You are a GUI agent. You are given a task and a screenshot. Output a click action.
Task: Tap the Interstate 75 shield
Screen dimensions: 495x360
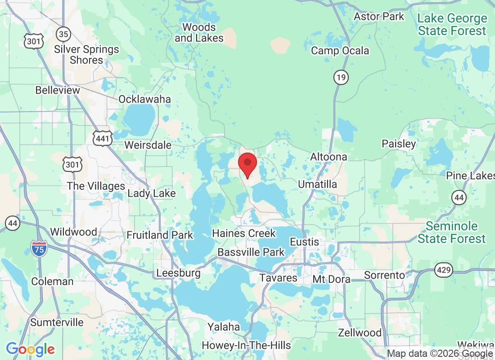(39, 248)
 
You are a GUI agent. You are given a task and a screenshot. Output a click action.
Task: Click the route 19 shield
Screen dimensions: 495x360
(341, 78)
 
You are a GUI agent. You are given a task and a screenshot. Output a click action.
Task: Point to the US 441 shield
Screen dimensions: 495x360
(103, 138)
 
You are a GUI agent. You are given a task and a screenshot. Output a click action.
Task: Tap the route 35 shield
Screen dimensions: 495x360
(63, 33)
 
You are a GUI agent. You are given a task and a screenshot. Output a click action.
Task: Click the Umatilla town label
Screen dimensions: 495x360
(317, 184)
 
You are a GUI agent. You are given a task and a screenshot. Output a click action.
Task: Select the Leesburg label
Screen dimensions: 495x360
(178, 273)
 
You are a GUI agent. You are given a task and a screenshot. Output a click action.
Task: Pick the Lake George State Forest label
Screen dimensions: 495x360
(452, 25)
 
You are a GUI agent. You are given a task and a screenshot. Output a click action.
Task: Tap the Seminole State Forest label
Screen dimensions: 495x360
(452, 232)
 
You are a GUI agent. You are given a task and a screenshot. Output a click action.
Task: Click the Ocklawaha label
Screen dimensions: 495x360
(144, 99)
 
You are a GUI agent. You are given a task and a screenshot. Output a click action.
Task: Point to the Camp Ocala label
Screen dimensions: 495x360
(340, 50)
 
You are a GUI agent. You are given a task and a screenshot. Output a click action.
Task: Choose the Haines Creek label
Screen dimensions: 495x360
(243, 234)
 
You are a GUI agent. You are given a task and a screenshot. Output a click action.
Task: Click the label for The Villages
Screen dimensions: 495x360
(96, 186)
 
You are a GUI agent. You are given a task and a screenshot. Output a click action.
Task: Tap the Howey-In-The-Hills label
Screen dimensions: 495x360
(246, 346)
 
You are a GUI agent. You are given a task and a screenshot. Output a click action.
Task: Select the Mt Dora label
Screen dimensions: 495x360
(331, 279)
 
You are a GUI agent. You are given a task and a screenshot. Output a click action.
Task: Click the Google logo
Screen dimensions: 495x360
(30, 349)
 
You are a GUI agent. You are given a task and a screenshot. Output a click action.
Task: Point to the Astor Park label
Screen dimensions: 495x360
(379, 17)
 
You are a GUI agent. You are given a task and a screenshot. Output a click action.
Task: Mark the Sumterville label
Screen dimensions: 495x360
(57, 322)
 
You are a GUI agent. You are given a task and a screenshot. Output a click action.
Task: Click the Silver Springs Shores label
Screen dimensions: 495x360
(86, 54)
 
